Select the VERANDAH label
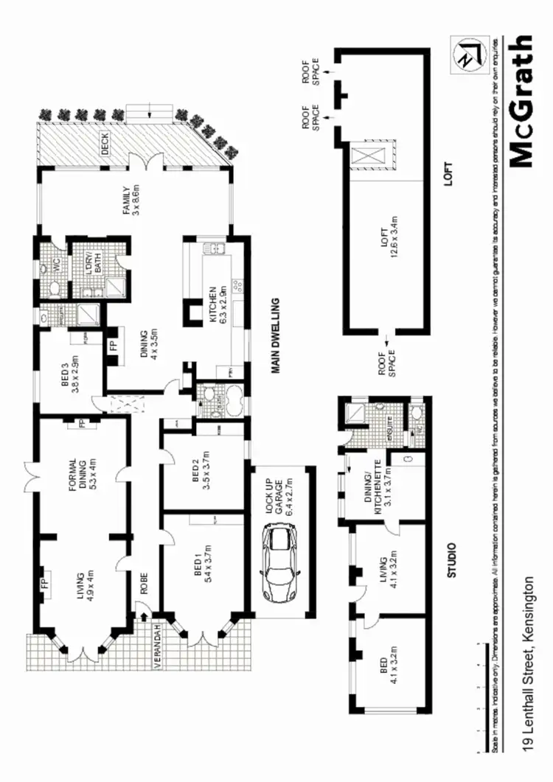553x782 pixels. [x=157, y=646]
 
